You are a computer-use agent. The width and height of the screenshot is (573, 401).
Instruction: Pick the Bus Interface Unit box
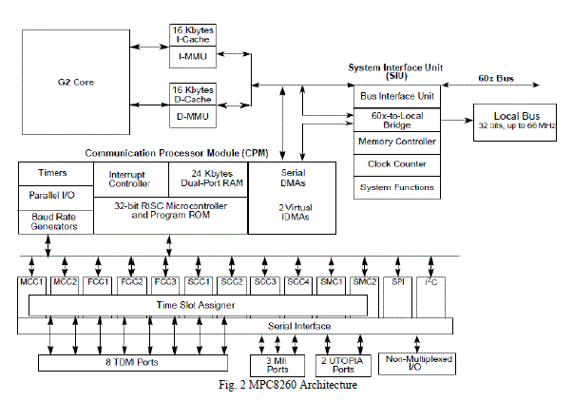pyautogui.click(x=396, y=97)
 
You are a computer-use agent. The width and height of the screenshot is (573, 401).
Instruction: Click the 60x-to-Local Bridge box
pyautogui.click(x=396, y=120)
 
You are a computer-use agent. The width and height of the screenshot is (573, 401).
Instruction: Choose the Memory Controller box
pyautogui.click(x=396, y=142)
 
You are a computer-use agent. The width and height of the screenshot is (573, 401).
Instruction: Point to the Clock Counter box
pyautogui.click(x=396, y=163)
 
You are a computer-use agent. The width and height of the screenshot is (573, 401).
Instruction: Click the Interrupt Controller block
pyautogui.click(x=129, y=178)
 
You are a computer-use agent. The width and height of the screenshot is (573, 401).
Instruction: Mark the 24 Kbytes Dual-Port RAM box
pyautogui.click(x=206, y=178)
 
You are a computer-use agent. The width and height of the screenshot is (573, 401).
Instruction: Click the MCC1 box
pyautogui.click(x=33, y=282)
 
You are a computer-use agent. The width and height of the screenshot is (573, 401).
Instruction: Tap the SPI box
pyautogui.click(x=398, y=282)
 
